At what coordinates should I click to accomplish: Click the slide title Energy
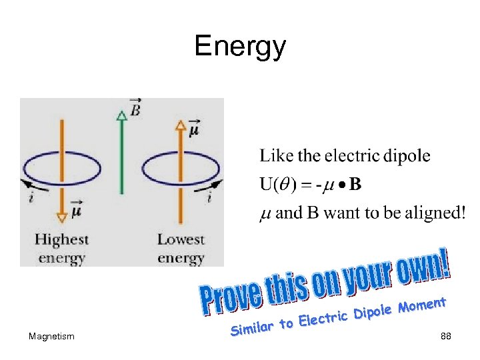[x=240, y=47]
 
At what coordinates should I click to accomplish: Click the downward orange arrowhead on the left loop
[x=61, y=216]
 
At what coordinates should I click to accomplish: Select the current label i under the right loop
[x=209, y=197]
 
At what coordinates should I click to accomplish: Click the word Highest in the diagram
[x=61, y=239]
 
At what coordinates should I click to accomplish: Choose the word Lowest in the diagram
[x=181, y=239]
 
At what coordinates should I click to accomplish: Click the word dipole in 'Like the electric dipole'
[x=407, y=157]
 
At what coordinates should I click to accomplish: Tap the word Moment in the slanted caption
[x=421, y=306]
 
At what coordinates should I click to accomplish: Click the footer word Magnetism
[x=52, y=337]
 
